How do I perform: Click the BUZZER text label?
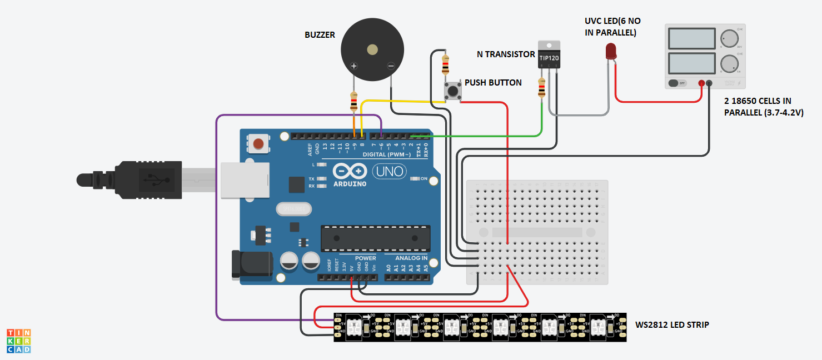320,35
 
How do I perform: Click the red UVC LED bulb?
610,51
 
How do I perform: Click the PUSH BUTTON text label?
493,83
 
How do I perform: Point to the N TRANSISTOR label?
506,54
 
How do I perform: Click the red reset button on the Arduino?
258,144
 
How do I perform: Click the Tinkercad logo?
19,341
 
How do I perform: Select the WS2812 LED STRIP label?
672,324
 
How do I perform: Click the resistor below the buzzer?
353,102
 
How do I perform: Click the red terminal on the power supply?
701,83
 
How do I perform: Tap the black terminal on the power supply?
709,83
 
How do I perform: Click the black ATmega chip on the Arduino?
375,238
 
